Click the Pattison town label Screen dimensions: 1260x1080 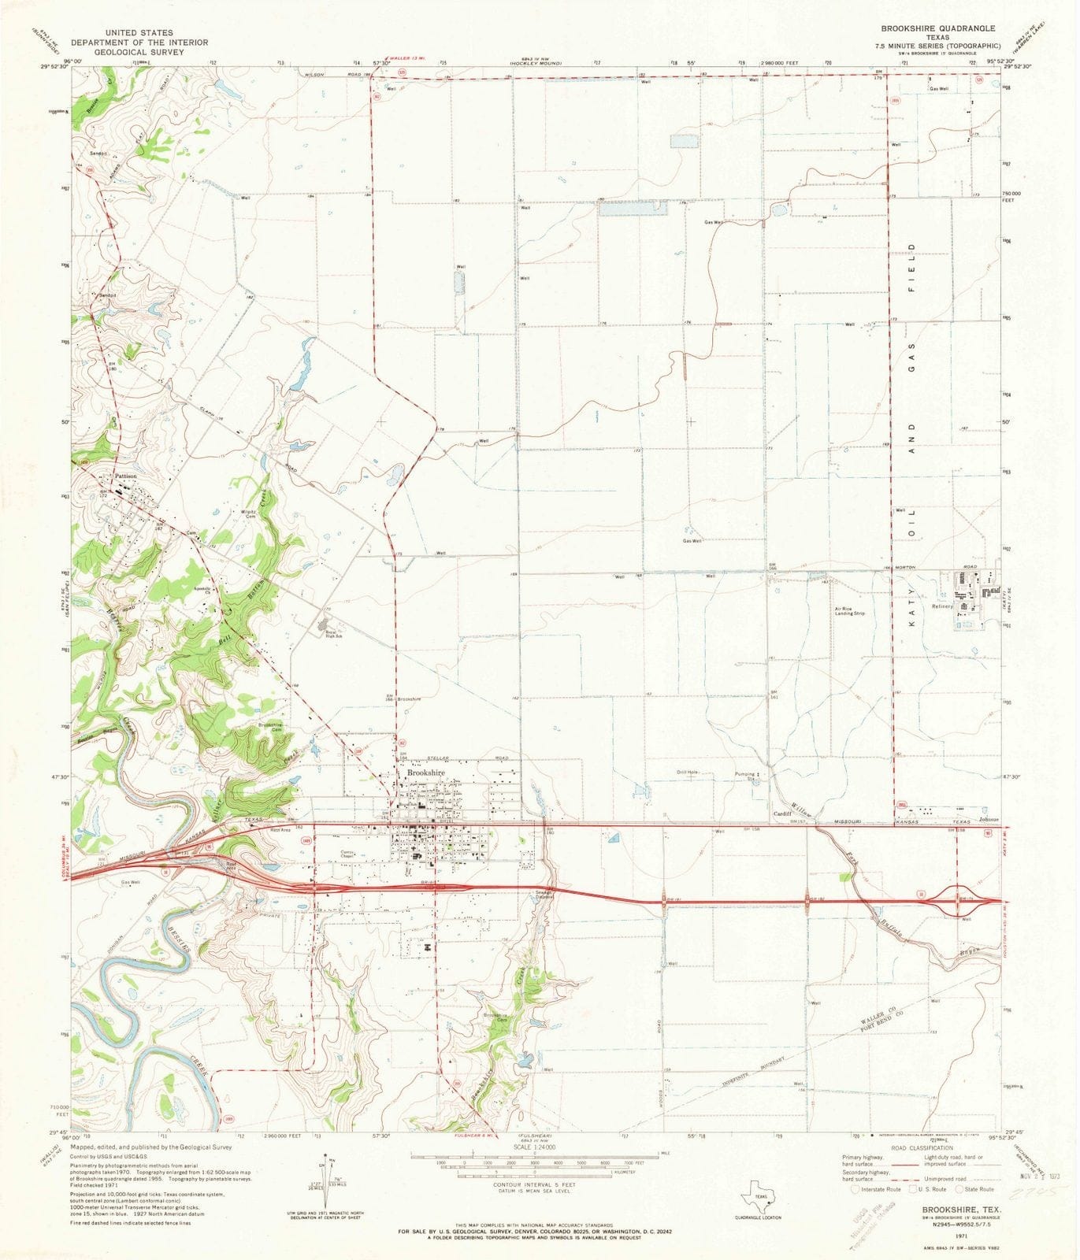[126, 476]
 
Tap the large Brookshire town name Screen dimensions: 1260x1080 [425, 773]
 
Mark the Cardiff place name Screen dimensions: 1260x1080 [781, 813]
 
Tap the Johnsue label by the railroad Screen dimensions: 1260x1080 [988, 820]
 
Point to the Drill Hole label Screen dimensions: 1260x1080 [688, 773]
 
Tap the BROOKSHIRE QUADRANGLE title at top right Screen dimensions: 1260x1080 [937, 28]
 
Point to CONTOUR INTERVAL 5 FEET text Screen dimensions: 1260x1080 [534, 1206]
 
